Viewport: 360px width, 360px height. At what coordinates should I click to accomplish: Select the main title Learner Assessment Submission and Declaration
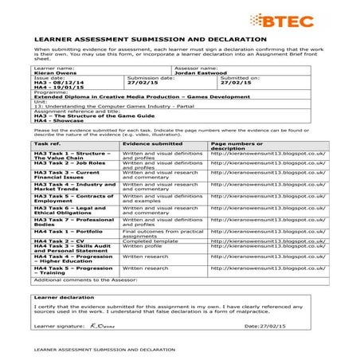(x=151, y=38)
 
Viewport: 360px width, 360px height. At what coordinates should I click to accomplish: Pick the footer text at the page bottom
(x=100, y=349)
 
